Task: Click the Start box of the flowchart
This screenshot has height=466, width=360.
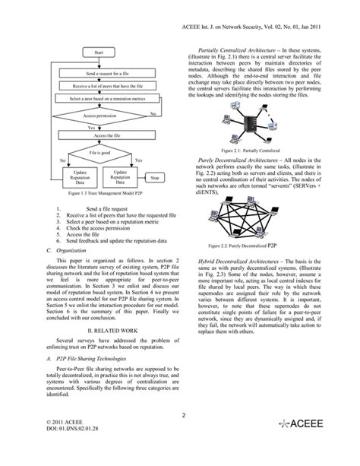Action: (99, 52)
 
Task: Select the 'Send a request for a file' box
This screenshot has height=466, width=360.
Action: (109, 73)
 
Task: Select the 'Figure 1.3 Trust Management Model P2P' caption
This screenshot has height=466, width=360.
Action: (100, 194)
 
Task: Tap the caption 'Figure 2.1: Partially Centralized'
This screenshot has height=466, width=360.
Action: (264, 150)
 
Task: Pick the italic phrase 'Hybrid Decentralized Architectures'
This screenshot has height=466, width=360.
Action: (238, 260)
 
